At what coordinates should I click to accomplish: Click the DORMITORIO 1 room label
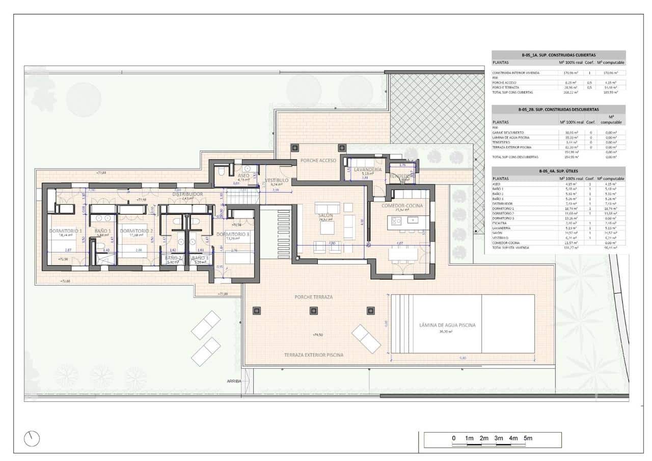(x=65, y=231)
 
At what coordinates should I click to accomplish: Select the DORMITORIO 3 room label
(x=233, y=234)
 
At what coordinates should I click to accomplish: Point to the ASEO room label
(x=243, y=175)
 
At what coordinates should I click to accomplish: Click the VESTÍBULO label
(x=277, y=180)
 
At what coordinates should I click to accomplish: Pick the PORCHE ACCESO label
(x=318, y=160)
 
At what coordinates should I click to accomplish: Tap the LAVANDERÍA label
(x=367, y=169)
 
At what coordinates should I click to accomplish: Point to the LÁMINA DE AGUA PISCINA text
(x=448, y=324)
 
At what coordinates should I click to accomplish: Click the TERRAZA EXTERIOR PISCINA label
(x=314, y=355)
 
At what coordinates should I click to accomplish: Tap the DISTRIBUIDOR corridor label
(x=187, y=194)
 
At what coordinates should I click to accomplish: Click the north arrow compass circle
(x=32, y=438)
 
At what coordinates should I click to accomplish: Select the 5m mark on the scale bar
(x=528, y=438)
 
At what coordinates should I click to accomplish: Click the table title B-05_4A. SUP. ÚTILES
(x=558, y=172)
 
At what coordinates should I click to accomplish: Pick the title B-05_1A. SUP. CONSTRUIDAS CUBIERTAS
(x=558, y=55)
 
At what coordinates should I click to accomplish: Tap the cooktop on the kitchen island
(x=397, y=221)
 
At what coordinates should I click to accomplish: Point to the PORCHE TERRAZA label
(x=313, y=297)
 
